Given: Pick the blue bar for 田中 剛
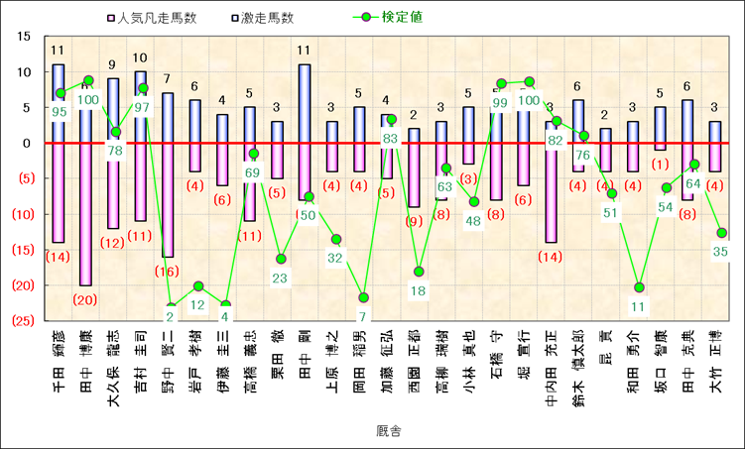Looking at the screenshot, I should tap(306, 103).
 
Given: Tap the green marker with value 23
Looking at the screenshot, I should tap(282, 259).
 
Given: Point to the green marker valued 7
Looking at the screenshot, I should tap(364, 297).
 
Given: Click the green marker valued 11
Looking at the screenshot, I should tap(639, 287).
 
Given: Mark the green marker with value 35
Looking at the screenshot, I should tap(721, 233).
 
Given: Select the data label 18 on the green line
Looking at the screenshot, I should tap(420, 290).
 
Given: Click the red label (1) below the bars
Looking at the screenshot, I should tap(660, 165).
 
